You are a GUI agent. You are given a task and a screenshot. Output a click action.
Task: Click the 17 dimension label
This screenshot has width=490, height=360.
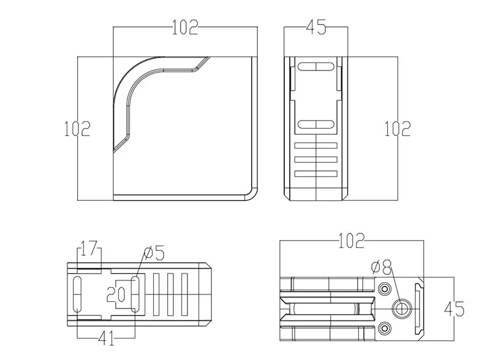89,250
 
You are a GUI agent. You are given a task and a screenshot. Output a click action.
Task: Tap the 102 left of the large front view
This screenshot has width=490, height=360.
77,128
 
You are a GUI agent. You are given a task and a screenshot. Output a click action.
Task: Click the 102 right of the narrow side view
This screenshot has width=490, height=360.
398,128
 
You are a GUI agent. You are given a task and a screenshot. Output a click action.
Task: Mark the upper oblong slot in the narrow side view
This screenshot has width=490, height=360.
315,66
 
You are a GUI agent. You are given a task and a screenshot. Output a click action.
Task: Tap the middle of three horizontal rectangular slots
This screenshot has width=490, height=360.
316,160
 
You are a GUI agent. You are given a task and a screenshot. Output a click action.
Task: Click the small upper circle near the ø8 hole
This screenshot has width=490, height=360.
385,288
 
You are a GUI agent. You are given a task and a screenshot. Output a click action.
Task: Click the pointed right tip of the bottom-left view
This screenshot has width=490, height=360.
212,295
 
